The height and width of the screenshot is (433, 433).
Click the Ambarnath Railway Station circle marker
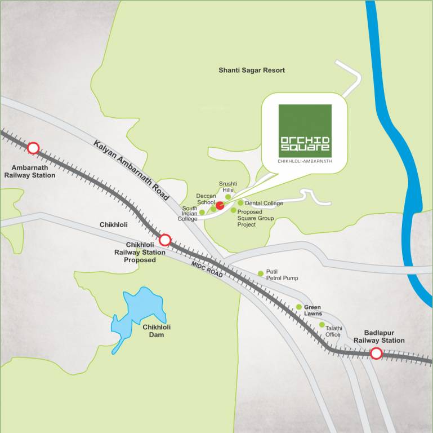33,148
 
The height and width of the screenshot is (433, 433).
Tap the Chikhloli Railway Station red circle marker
165,240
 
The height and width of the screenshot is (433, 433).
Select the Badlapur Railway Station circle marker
376,354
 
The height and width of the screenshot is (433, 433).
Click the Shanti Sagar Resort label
252,70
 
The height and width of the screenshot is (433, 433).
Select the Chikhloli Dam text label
157,331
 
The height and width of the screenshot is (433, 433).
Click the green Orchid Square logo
305,131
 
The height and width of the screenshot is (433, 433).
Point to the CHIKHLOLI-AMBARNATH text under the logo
305,161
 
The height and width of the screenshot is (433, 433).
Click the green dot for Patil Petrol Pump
261,273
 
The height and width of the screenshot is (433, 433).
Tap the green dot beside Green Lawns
299,307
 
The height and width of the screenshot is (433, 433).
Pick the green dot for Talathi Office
322,325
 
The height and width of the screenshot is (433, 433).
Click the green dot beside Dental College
240,203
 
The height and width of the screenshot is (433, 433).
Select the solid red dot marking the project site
220,206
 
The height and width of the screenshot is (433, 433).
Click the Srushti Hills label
228,187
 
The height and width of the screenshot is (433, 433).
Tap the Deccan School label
206,199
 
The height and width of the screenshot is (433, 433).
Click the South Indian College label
189,214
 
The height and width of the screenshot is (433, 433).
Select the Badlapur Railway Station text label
379,337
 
